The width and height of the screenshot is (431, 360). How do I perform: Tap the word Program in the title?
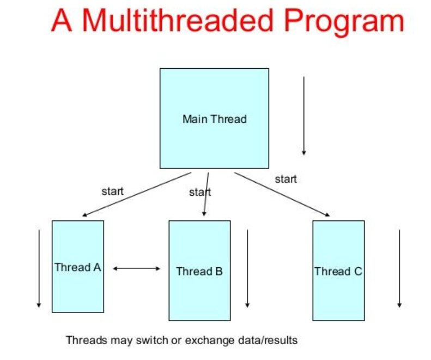(x=341, y=22)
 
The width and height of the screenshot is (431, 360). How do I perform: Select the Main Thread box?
(x=214, y=118)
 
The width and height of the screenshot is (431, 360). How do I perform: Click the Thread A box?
(x=78, y=266)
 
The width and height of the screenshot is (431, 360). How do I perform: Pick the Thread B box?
(x=199, y=271)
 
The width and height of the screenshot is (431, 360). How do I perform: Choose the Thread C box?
(x=338, y=271)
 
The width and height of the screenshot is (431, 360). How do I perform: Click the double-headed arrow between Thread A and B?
(x=136, y=268)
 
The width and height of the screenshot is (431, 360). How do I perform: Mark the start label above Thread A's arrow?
(x=112, y=191)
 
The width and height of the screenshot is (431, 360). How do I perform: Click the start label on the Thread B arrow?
(x=200, y=192)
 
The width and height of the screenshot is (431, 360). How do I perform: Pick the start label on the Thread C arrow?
(x=286, y=179)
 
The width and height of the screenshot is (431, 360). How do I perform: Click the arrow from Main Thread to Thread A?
(x=136, y=195)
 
